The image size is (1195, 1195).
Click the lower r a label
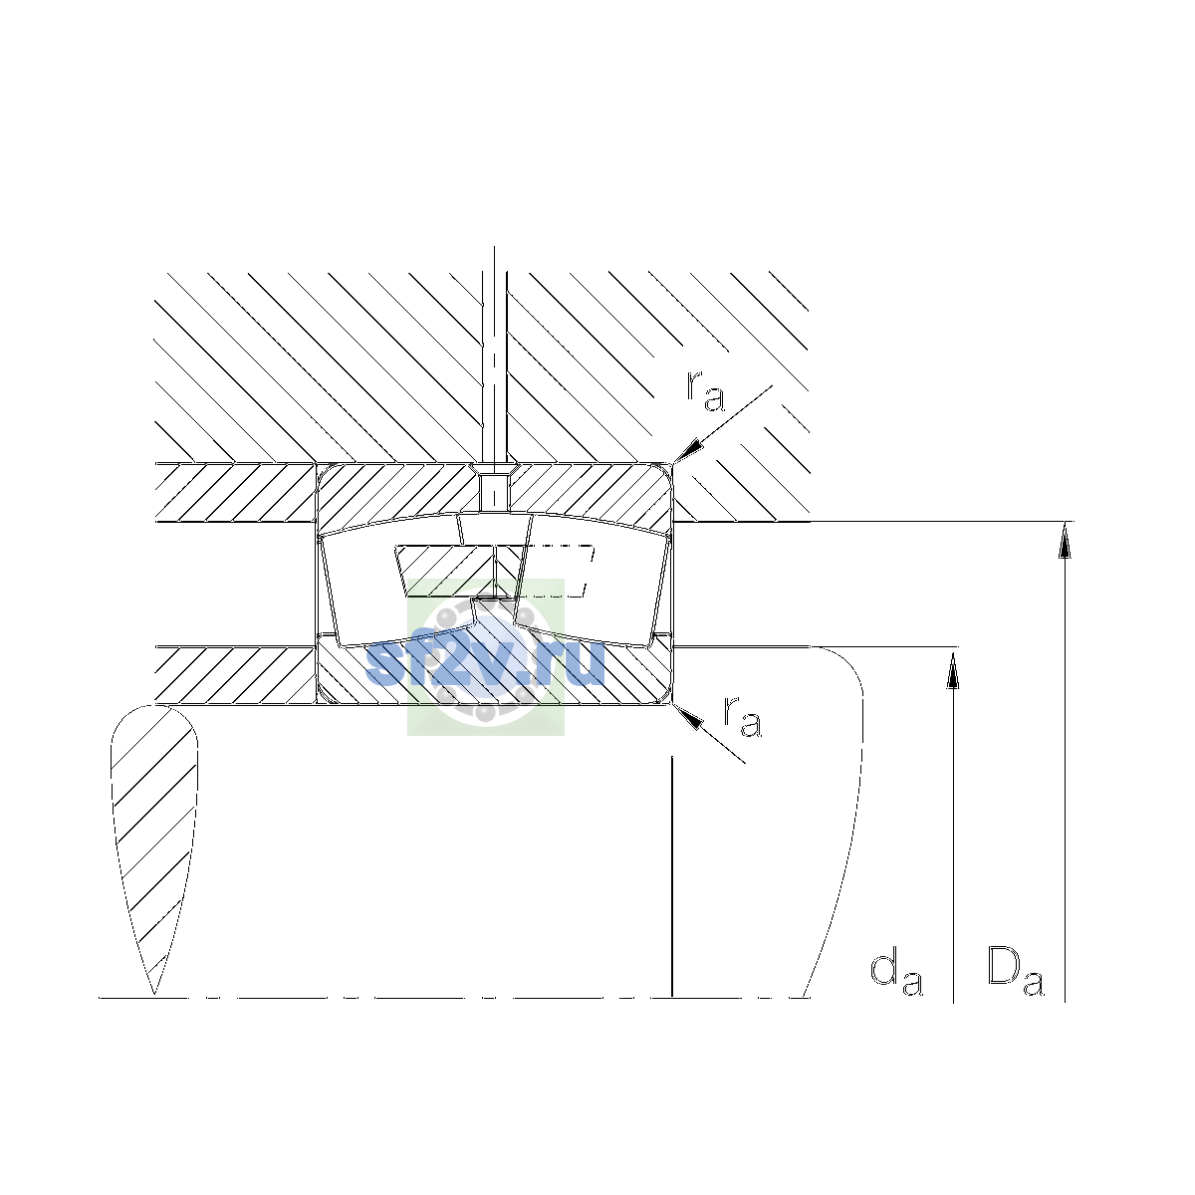pos(742,717)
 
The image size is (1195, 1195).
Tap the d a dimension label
pos(896,976)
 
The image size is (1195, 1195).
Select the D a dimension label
pos(1015,974)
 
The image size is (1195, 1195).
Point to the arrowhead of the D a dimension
pos(1065,540)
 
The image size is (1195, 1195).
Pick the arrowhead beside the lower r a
pos(688,716)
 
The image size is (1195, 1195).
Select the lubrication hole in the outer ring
pos(494,489)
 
